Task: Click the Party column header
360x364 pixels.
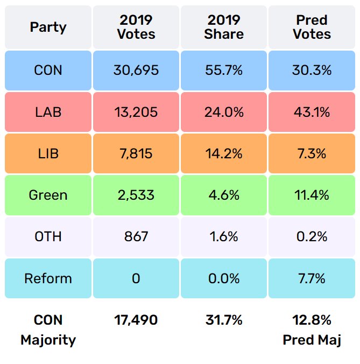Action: click(x=48, y=27)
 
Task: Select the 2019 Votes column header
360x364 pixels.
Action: click(x=136, y=27)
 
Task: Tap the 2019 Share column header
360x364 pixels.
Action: click(x=224, y=27)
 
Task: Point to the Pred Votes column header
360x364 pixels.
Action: click(x=312, y=27)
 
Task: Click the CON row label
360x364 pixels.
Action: click(x=48, y=71)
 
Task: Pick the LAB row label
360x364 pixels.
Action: click(x=48, y=112)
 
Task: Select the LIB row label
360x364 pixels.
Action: click(x=48, y=153)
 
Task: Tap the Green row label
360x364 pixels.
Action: click(x=48, y=195)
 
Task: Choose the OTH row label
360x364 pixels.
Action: click(x=48, y=236)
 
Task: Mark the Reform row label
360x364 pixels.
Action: click(x=48, y=278)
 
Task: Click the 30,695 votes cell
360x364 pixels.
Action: click(x=136, y=71)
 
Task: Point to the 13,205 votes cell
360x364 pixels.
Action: click(x=136, y=112)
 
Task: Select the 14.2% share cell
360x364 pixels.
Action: click(x=224, y=153)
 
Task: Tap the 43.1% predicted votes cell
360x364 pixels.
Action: click(x=312, y=112)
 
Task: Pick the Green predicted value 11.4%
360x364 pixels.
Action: click(x=312, y=195)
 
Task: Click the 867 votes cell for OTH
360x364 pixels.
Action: click(x=136, y=236)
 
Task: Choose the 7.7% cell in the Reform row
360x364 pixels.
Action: click(x=312, y=278)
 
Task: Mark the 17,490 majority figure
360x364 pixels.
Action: click(x=136, y=320)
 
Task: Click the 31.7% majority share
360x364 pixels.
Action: click(x=224, y=320)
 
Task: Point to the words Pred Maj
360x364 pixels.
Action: click(x=312, y=340)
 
